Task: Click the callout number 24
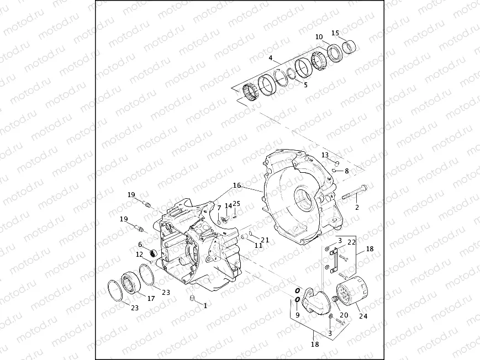tap(362, 316)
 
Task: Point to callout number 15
tap(335, 33)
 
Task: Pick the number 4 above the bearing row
tap(270, 58)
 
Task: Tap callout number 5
tap(305, 85)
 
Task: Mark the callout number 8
tap(347, 171)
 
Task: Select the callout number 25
tap(236, 204)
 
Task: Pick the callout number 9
tap(297, 315)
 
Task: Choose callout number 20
tap(344, 315)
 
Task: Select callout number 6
tap(140, 244)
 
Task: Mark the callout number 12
tap(140, 254)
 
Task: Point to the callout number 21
tap(265, 240)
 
